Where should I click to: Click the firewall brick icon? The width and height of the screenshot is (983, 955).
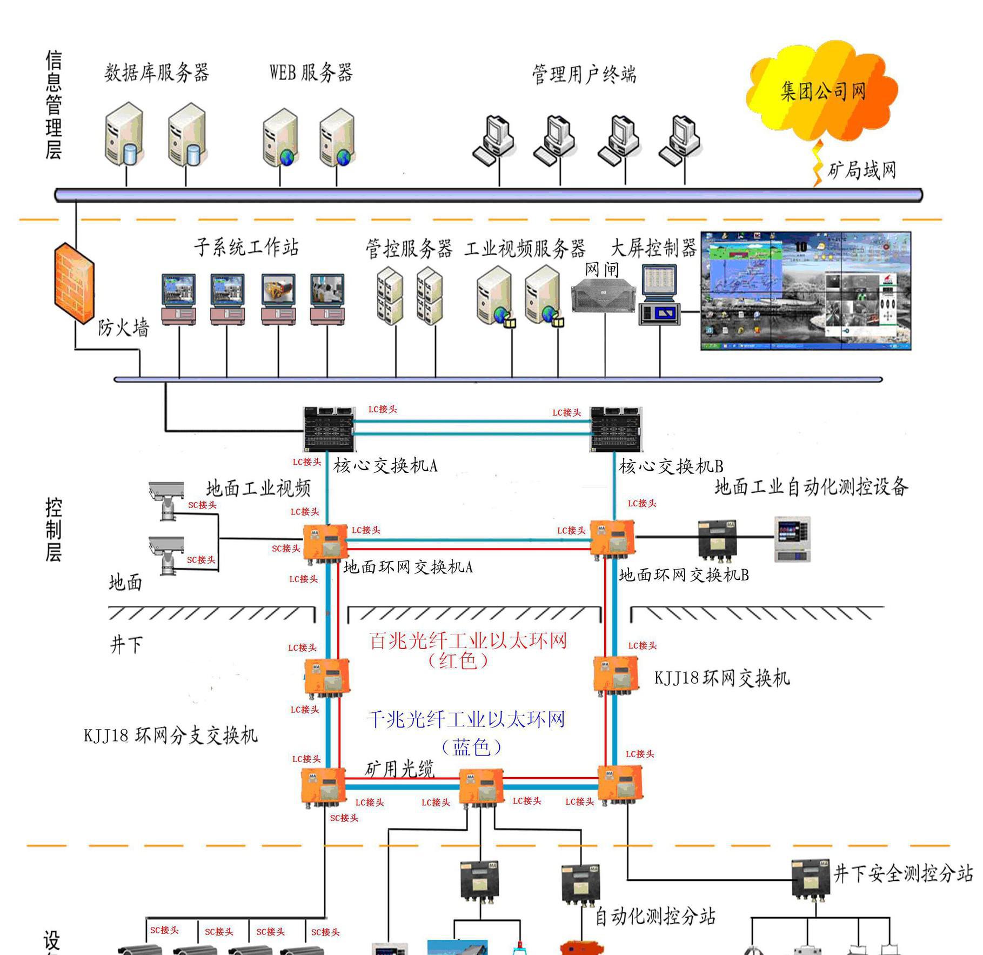point(74,284)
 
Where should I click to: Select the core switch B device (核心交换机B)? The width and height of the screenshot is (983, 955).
point(616,429)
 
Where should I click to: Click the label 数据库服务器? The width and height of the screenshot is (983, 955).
point(157,72)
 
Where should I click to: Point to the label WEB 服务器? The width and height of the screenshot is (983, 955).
point(311,72)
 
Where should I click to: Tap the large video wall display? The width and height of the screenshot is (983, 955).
point(805,291)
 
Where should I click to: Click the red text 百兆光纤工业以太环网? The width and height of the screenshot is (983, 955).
point(468,641)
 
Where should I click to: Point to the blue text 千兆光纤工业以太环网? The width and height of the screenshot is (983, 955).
point(466,719)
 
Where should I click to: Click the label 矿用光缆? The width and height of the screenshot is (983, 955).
point(399,769)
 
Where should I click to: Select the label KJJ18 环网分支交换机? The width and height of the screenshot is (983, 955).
point(170,736)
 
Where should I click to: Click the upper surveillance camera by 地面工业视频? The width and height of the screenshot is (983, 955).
point(165,498)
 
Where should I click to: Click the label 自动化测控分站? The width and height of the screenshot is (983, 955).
point(654,916)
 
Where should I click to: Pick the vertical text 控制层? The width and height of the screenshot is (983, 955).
point(53,530)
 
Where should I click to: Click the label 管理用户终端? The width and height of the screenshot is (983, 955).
point(584,74)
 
